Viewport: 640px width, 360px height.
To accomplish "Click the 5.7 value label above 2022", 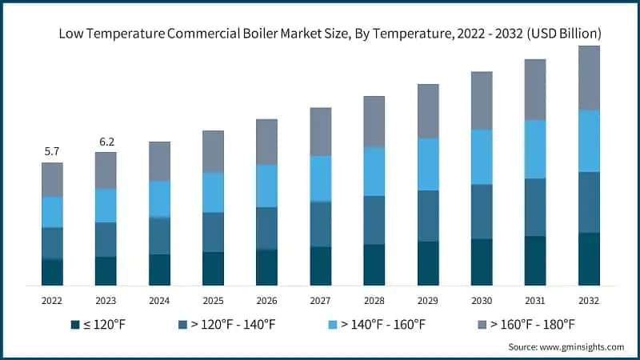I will pyautogui.click(x=52, y=151).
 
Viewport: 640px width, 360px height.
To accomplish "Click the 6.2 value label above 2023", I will pyautogui.click(x=106, y=141).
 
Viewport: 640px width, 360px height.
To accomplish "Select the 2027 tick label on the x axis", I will pyautogui.click(x=320, y=301).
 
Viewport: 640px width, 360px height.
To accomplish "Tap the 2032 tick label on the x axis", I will pyautogui.click(x=589, y=301).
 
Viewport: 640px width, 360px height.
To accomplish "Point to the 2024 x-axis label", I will pyautogui.click(x=159, y=301).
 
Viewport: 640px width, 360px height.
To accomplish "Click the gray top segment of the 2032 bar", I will pyautogui.click(x=589, y=78).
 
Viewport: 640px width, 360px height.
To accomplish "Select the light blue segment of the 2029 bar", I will pyautogui.click(x=428, y=164).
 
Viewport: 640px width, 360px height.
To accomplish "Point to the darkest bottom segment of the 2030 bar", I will pyautogui.click(x=482, y=262).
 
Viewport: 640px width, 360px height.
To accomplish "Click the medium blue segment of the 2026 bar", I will pyautogui.click(x=266, y=228).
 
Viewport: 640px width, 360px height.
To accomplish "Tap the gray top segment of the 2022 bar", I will pyautogui.click(x=52, y=179).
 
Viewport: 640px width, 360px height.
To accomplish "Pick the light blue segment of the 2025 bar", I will pyautogui.click(x=213, y=192).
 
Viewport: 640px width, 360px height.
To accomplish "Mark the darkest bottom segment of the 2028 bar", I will pyautogui.click(x=374, y=264).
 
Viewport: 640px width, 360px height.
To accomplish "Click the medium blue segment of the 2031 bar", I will pyautogui.click(x=535, y=207).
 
